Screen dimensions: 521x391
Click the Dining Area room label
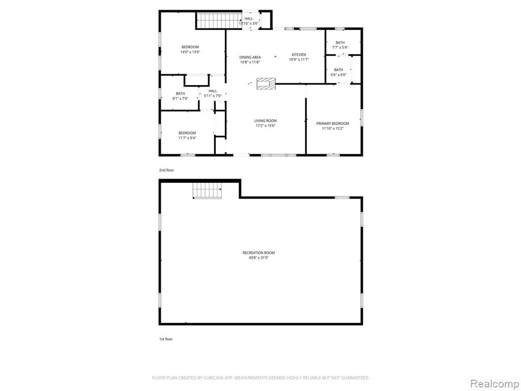pyautogui.click(x=250, y=57)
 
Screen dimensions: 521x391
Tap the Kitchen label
pyautogui.click(x=299, y=54)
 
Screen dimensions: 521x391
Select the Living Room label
pyautogui.click(x=266, y=121)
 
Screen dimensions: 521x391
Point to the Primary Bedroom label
pyautogui.click(x=333, y=123)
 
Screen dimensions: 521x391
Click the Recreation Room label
pyautogui.click(x=258, y=253)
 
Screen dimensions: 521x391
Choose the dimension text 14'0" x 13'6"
pyautogui.click(x=190, y=52)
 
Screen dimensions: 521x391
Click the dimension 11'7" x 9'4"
pyautogui.click(x=187, y=138)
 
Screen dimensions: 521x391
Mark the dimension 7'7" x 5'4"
pyautogui.click(x=340, y=47)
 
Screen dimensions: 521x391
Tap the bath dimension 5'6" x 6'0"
pyautogui.click(x=338, y=75)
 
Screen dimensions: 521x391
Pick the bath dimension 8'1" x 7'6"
pyautogui.click(x=181, y=98)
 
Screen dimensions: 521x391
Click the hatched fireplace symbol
pyautogui.click(x=266, y=84)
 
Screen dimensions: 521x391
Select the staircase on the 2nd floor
pyautogui.click(x=219, y=20)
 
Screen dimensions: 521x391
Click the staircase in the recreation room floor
pyautogui.click(x=207, y=190)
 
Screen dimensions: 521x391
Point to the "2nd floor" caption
pyautogui.click(x=166, y=170)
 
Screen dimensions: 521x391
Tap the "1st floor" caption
pyautogui.click(x=166, y=339)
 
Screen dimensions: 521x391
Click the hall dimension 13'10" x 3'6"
pyautogui.click(x=248, y=23)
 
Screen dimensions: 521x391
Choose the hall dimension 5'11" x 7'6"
pyautogui.click(x=213, y=96)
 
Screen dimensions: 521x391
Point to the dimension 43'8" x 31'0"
pyautogui.click(x=258, y=258)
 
